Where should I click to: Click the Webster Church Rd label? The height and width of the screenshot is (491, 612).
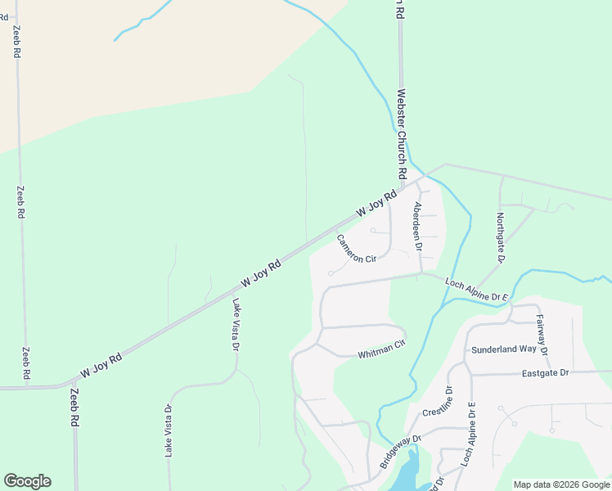click(x=402, y=135)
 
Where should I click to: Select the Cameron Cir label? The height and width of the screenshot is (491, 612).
click(x=356, y=248)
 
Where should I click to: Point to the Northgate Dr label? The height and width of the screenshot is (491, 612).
click(x=500, y=237)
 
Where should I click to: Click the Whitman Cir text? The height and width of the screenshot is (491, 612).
click(x=381, y=349)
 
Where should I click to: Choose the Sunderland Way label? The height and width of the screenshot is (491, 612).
click(x=504, y=349)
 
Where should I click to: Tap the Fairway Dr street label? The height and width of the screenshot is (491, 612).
click(x=542, y=340)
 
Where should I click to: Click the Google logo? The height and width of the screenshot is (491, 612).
click(x=27, y=481)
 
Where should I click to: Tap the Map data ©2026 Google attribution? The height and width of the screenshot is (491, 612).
click(x=562, y=484)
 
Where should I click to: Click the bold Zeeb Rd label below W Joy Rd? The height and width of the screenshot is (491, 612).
click(x=74, y=406)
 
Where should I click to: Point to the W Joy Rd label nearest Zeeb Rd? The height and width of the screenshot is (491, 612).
click(x=101, y=365)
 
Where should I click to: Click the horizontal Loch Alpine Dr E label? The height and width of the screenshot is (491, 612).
click(x=477, y=289)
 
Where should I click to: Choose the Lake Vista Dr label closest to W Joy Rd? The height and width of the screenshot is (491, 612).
click(x=236, y=324)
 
